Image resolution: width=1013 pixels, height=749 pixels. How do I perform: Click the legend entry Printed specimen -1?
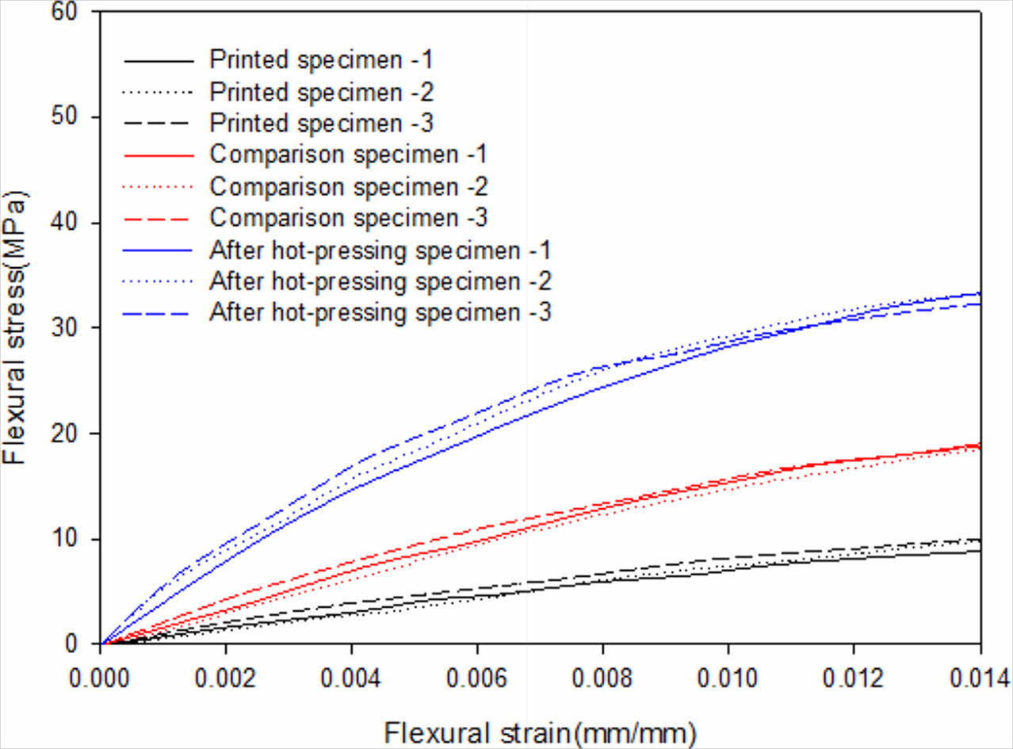(321, 59)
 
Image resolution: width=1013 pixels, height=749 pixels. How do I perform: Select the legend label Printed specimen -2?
(321, 91)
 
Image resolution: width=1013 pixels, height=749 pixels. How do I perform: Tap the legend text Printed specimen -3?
(321, 123)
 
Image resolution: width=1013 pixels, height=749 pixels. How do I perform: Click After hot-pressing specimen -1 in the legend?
(380, 249)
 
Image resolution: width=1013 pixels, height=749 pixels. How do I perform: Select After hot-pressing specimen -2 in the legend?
(380, 281)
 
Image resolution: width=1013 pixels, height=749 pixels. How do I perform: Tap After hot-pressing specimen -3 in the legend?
(380, 312)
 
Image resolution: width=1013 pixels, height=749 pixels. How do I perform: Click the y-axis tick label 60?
(71, 13)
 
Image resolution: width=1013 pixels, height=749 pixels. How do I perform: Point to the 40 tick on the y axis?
(71, 224)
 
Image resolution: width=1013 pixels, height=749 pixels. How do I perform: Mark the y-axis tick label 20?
(71, 434)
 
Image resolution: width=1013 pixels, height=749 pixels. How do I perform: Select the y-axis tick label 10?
(71, 539)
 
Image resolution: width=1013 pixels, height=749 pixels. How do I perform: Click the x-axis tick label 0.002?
(226, 678)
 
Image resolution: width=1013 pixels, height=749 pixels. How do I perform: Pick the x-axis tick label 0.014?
(978, 678)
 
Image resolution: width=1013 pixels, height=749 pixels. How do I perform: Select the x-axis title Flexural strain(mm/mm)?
(541, 730)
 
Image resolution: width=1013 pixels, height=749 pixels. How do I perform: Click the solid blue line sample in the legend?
(159, 249)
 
